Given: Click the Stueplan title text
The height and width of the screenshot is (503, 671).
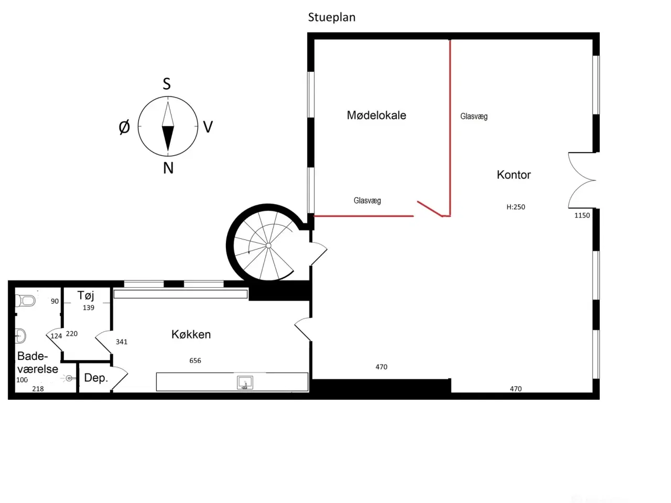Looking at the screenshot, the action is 332,17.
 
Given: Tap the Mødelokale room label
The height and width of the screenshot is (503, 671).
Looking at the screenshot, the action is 376,115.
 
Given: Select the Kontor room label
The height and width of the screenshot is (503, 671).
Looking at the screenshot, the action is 514,174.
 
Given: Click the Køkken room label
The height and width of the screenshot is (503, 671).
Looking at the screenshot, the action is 191,334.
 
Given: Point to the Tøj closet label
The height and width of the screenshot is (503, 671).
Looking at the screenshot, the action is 85,296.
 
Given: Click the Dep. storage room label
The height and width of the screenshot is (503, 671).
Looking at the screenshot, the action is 96,378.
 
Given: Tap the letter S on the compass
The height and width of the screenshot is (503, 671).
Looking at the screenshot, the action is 167,84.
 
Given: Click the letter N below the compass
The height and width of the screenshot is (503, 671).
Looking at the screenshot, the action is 168,168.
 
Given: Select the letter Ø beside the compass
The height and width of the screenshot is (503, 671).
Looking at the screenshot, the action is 124,127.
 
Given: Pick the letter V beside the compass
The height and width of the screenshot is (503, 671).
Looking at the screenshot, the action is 208,127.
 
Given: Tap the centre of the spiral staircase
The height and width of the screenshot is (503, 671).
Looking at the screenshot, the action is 268,246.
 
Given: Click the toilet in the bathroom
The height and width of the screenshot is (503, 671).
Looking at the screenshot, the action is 25,301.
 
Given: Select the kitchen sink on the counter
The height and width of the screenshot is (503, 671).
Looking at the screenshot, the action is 245,382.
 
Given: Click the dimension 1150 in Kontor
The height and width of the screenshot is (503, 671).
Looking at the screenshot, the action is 582,216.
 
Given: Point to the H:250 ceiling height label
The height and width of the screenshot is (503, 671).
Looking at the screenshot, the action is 516,207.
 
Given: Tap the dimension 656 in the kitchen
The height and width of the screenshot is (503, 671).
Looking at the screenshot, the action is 195,360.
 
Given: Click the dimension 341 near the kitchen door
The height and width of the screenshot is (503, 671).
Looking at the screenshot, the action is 122,342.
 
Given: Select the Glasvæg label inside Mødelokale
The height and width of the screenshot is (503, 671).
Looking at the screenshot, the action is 367,201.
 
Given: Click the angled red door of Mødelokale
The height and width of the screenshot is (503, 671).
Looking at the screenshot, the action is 430,209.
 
